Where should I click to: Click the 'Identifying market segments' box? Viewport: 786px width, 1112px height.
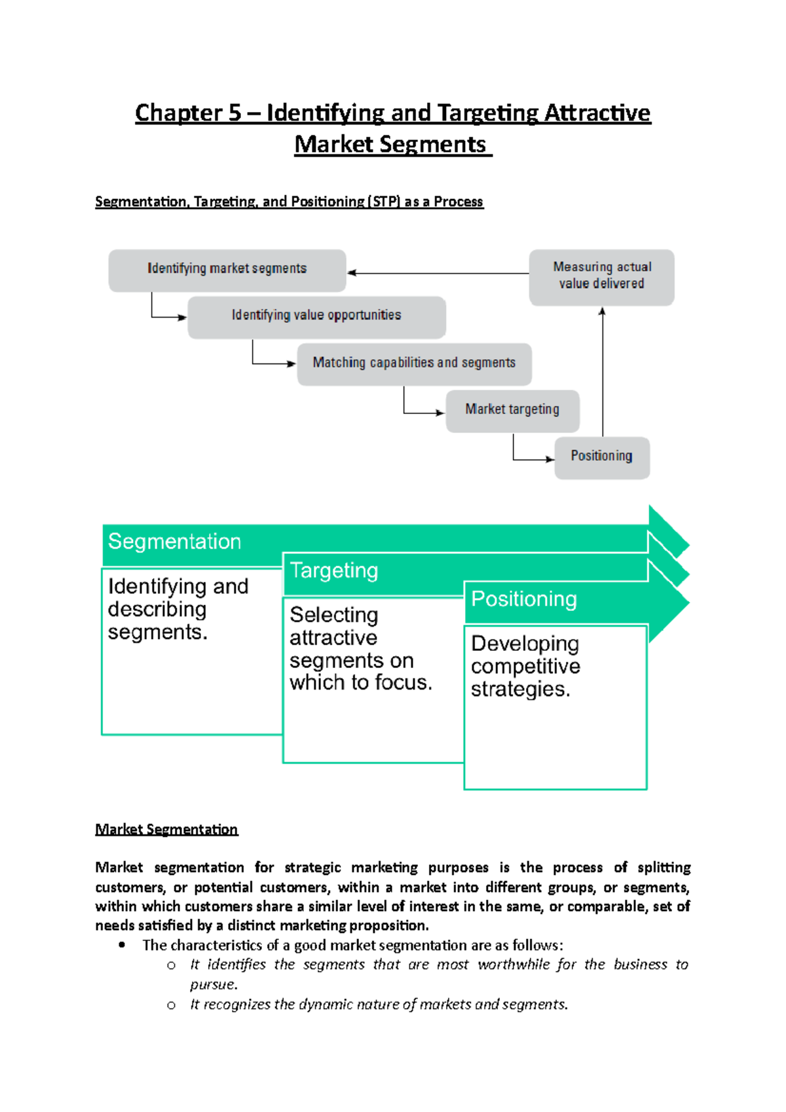227,269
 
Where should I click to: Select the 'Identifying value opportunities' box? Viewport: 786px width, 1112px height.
316,316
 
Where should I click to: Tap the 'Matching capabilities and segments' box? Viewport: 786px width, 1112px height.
414,363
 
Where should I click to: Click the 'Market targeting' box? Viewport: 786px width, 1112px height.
512,410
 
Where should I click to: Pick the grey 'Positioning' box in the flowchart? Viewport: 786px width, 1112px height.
601,456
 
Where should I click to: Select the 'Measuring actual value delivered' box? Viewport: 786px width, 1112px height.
601,276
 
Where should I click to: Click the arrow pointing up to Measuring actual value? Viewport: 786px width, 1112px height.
603,373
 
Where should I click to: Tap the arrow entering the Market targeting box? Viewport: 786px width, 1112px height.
422,412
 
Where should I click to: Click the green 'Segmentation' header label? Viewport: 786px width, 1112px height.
175,542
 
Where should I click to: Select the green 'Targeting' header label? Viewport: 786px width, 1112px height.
334,571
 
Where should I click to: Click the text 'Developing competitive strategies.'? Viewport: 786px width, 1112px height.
525,667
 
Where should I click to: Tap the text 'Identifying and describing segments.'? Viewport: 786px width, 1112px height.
178,609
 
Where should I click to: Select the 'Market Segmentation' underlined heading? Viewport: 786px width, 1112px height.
166,830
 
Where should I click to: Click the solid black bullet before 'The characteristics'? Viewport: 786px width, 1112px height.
122,945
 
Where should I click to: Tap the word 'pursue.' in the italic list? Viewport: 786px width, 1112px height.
214,985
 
